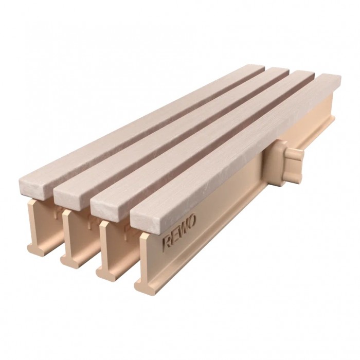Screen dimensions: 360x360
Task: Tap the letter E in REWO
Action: pos(176,236)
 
